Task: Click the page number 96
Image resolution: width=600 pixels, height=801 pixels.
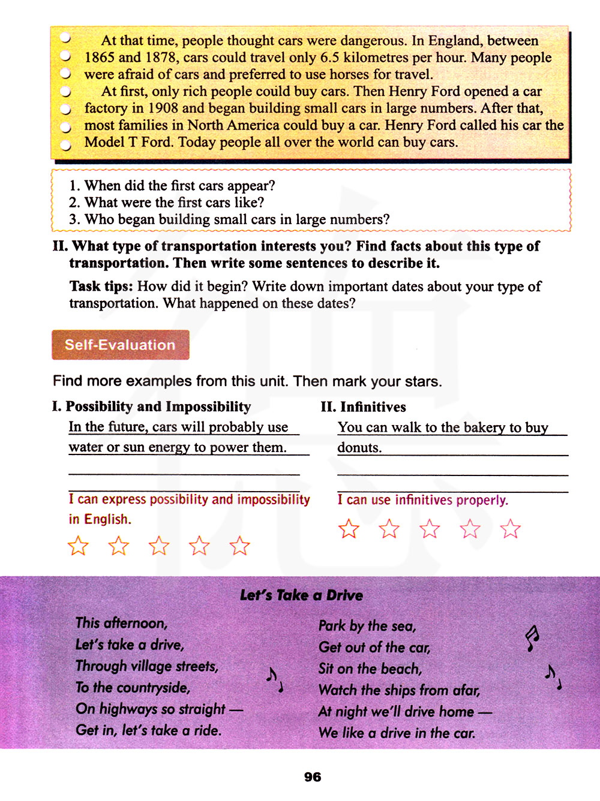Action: pos(313,777)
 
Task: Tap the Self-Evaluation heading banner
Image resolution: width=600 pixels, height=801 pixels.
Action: pos(120,345)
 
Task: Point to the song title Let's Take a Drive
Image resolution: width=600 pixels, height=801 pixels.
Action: pos(301,595)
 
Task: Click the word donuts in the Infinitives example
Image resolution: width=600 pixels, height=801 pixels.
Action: pos(359,448)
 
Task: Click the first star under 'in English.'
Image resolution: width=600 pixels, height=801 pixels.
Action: pos(78,546)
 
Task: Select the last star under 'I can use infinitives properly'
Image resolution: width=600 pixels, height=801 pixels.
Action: pos(510,529)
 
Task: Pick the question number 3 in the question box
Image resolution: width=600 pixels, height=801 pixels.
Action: pos(74,219)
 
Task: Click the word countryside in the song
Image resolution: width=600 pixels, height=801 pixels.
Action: pos(153,688)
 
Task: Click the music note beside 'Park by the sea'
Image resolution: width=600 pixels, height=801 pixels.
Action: pos(532,639)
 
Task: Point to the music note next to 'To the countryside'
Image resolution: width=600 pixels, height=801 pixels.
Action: pos(274,679)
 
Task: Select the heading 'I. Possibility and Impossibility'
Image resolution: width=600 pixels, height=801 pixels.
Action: pos(151,406)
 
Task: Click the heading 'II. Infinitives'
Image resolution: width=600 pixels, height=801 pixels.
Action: pos(363,407)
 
